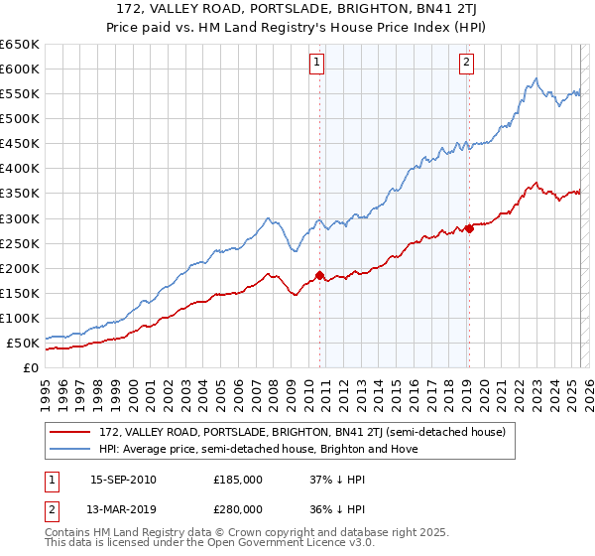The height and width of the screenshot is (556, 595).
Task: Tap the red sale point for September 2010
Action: pyautogui.click(x=319, y=275)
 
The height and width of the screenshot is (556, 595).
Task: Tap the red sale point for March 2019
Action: pyautogui.click(x=468, y=228)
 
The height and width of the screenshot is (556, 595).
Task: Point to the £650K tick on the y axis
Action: pyautogui.click(x=20, y=45)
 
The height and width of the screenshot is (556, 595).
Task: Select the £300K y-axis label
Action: pyautogui.click(x=20, y=218)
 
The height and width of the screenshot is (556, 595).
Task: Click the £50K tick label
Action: pyautogui.click(x=24, y=344)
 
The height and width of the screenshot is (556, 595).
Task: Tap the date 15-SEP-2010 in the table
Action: pyautogui.click(x=123, y=480)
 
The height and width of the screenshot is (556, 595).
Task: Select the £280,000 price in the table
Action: pyautogui.click(x=238, y=509)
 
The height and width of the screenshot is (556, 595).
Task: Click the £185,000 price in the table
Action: pyautogui.click(x=238, y=480)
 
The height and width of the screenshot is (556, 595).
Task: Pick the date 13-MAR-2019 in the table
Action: pyautogui.click(x=123, y=509)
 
